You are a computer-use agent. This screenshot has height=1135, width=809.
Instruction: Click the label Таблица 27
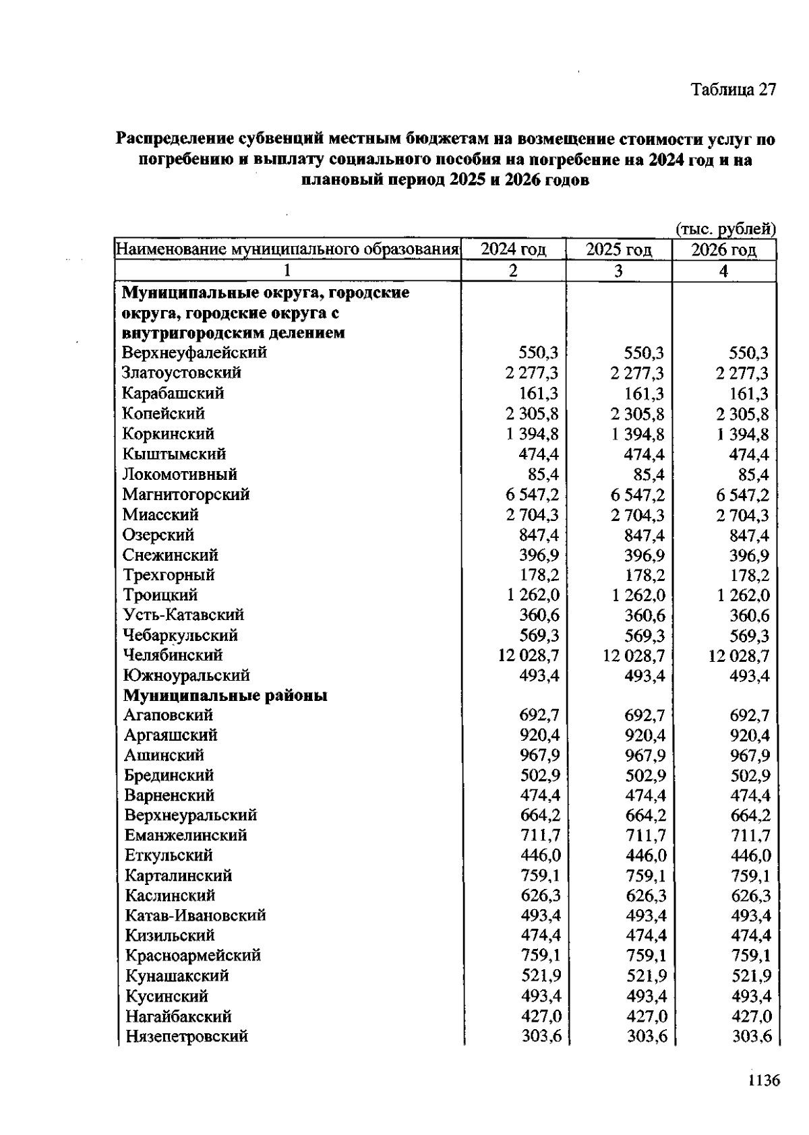pyautogui.click(x=733, y=90)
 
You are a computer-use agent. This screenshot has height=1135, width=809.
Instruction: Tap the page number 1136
pyautogui.click(x=763, y=1081)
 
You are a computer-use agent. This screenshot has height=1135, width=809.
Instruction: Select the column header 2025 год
pyautogui.click(x=619, y=250)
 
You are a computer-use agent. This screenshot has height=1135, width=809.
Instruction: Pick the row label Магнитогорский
pyautogui.click(x=186, y=495)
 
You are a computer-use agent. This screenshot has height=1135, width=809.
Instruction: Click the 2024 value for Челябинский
pyautogui.click(x=528, y=655)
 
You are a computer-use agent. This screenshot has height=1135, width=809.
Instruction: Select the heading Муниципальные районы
pyautogui.click(x=225, y=695)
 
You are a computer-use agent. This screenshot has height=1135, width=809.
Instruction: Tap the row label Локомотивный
pyautogui.click(x=180, y=474)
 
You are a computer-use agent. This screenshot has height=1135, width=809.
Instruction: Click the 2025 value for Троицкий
pyautogui.click(x=638, y=595)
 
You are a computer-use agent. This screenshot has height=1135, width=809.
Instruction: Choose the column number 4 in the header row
pyautogui.click(x=724, y=271)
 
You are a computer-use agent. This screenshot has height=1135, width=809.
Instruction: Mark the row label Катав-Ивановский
pyautogui.click(x=196, y=915)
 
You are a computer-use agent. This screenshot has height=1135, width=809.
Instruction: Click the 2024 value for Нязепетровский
pyautogui.click(x=541, y=1037)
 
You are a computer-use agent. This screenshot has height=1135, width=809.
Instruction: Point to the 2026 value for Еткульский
pyautogui.click(x=750, y=855)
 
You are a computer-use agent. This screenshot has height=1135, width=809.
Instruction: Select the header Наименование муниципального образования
pyautogui.click(x=288, y=250)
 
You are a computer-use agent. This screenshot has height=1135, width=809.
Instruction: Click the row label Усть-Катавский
pyautogui.click(x=183, y=615)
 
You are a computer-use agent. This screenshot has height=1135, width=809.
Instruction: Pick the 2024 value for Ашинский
pyautogui.click(x=540, y=755)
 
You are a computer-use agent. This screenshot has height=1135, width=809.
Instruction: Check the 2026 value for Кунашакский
pyautogui.click(x=750, y=976)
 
